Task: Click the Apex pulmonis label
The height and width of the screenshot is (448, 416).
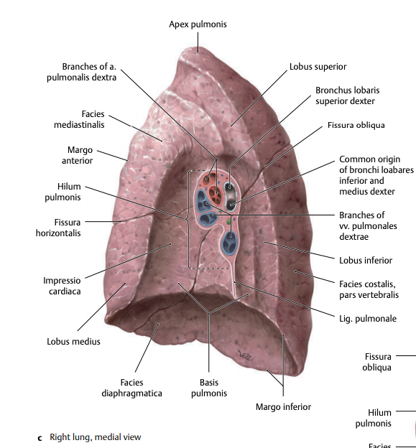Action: click(198, 24)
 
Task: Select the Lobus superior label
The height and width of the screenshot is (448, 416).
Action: click(318, 67)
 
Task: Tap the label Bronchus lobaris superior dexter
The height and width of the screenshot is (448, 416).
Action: click(347, 95)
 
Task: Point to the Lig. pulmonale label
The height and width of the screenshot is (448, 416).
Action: click(368, 319)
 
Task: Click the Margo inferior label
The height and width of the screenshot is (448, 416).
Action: click(283, 406)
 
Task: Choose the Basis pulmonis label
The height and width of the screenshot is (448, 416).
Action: click(209, 388)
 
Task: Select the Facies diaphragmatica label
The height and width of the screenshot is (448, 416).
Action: click(131, 388)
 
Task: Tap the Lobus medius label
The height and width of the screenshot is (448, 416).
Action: click(73, 342)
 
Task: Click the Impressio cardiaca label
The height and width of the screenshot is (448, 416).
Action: click(62, 286)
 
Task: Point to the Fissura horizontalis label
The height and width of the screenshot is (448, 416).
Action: click(58, 228)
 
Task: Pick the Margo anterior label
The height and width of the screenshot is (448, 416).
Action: click(77, 155)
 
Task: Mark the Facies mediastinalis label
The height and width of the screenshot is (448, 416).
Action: click(79, 119)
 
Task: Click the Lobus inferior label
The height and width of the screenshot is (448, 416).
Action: click(366, 261)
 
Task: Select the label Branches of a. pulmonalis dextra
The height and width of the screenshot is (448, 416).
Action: click(81, 72)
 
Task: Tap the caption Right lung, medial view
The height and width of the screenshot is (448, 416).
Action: click(96, 437)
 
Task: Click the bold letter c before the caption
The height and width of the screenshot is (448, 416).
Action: click(40, 438)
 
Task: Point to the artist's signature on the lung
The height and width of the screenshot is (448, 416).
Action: click(245, 355)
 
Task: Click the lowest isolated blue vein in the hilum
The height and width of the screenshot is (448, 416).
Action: click(230, 243)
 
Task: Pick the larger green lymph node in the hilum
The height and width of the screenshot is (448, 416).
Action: click(228, 221)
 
